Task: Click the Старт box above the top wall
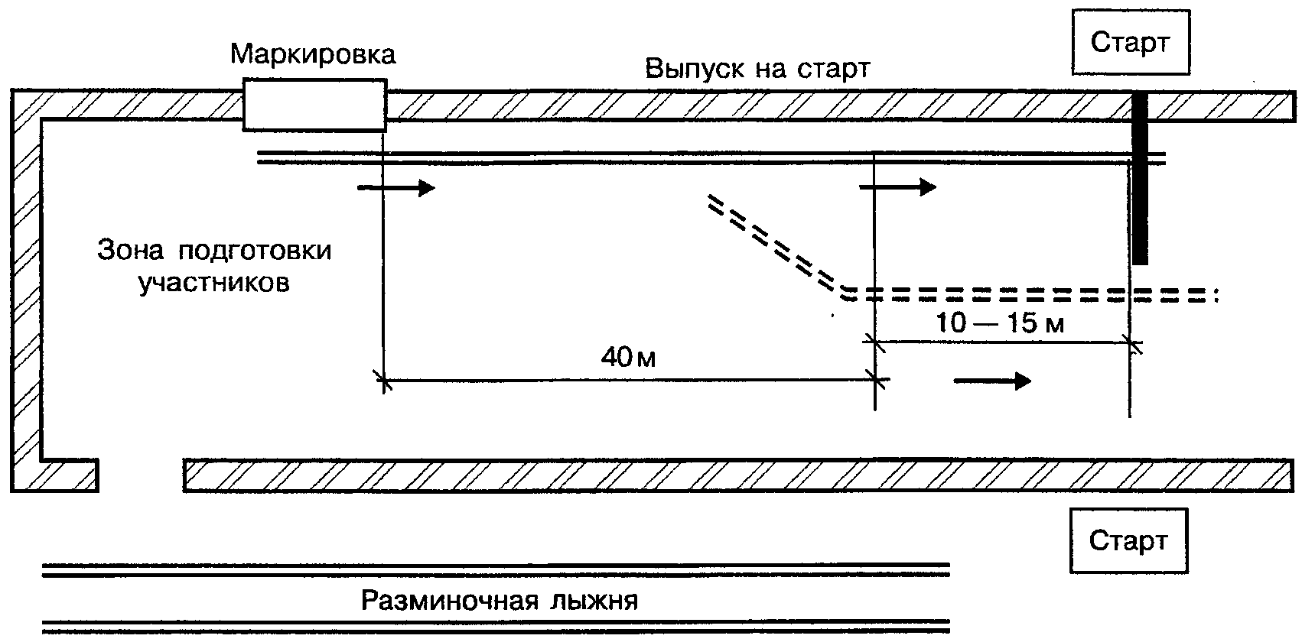pyautogui.click(x=1131, y=42)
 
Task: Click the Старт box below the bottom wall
pyautogui.click(x=1128, y=540)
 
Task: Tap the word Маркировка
pyautogui.click(x=313, y=54)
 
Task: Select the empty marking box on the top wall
pyautogui.click(x=314, y=105)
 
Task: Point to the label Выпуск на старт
pyautogui.click(x=757, y=69)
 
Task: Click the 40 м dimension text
pyautogui.click(x=628, y=357)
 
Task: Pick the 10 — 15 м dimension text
pyautogui.click(x=1000, y=323)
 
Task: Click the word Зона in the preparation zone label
pyautogui.click(x=130, y=250)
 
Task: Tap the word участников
pyautogui.click(x=214, y=284)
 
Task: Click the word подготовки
pyautogui.click(x=256, y=251)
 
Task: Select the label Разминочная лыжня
pyautogui.click(x=500, y=600)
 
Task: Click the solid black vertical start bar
pyautogui.click(x=1139, y=177)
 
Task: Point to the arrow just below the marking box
pyautogui.click(x=395, y=187)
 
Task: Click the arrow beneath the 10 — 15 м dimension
pyautogui.click(x=992, y=381)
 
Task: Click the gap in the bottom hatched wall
pyautogui.click(x=141, y=475)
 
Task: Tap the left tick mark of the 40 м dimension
pyautogui.click(x=383, y=381)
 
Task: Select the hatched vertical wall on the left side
pyautogui.click(x=25, y=290)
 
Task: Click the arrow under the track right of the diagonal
pyautogui.click(x=898, y=187)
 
